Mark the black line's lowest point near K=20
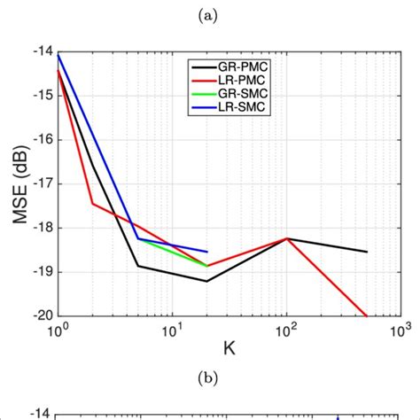[206, 282]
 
